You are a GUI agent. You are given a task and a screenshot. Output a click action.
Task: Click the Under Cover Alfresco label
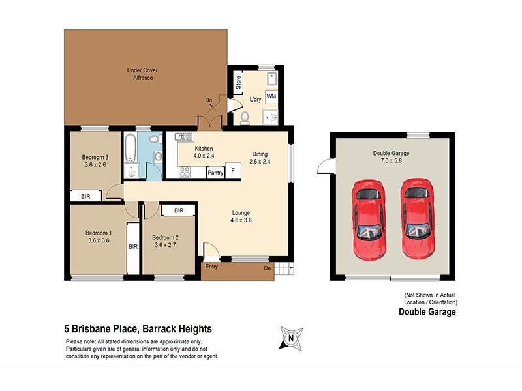(x=142, y=74)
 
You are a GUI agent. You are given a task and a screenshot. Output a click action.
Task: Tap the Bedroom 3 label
(x=95, y=157)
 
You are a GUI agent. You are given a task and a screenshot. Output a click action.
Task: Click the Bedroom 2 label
(x=165, y=237)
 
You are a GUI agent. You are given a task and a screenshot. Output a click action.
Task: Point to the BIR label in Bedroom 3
(x=85, y=195)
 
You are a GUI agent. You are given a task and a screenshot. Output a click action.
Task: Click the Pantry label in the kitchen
(x=215, y=173)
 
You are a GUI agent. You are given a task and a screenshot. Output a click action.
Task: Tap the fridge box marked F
(x=234, y=171)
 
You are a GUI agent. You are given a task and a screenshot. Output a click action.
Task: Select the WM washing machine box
(x=270, y=95)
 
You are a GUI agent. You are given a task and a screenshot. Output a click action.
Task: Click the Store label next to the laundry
(x=238, y=82)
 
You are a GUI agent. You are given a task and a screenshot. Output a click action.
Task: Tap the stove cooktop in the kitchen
(x=184, y=172)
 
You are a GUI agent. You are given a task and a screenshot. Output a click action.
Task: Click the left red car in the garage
(x=369, y=218)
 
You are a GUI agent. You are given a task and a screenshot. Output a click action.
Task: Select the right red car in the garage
(x=416, y=218)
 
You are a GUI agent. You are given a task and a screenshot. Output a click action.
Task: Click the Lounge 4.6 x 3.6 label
(x=241, y=216)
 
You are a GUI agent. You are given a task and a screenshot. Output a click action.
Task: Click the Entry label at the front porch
(x=212, y=266)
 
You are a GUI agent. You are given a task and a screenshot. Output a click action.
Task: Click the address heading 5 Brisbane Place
(x=138, y=329)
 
